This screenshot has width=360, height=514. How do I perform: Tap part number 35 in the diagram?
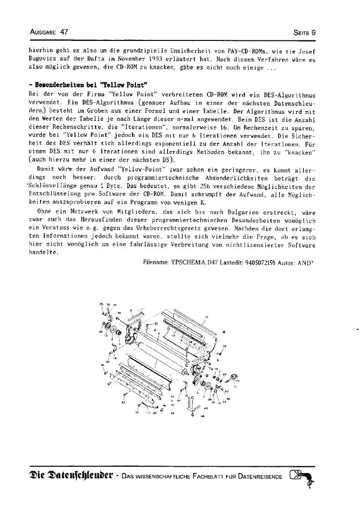pos(100,304)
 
